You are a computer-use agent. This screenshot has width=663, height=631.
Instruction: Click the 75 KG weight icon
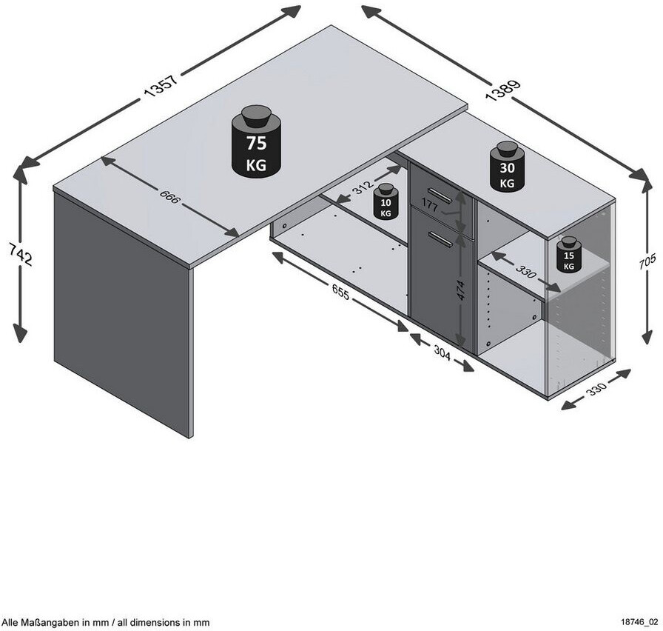256,141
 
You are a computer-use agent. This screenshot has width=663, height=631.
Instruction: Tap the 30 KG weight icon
507,166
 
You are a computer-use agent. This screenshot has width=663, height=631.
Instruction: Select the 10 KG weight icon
386,201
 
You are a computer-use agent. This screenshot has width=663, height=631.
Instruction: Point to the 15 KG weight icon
569,254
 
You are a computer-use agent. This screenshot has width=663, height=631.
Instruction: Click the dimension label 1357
161,87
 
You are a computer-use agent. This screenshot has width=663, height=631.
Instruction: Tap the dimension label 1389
503,91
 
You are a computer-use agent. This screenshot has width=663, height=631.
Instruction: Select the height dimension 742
20,254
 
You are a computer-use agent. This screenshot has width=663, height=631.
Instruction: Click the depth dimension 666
170,197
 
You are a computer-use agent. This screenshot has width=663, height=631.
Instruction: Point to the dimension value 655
341,292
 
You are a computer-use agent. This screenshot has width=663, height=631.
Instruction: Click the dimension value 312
363,187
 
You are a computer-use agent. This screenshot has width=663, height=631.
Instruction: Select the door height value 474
461,290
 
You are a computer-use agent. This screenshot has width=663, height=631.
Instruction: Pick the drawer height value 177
430,206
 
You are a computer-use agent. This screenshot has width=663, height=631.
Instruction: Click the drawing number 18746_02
639,622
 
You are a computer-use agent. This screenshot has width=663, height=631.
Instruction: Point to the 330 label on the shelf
525,272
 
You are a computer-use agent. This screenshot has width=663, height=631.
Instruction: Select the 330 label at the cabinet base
596,388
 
